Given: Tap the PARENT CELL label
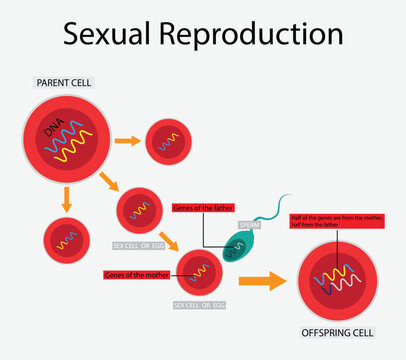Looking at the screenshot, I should coord(64,81).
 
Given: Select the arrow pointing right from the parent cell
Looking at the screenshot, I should coord(127,141).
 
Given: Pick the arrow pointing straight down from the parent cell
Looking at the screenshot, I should coord(67,200).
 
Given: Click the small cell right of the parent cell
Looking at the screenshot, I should coord(171,141).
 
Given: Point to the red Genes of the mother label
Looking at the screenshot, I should coord(136,273).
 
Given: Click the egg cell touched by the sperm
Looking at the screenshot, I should coord(198,273).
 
